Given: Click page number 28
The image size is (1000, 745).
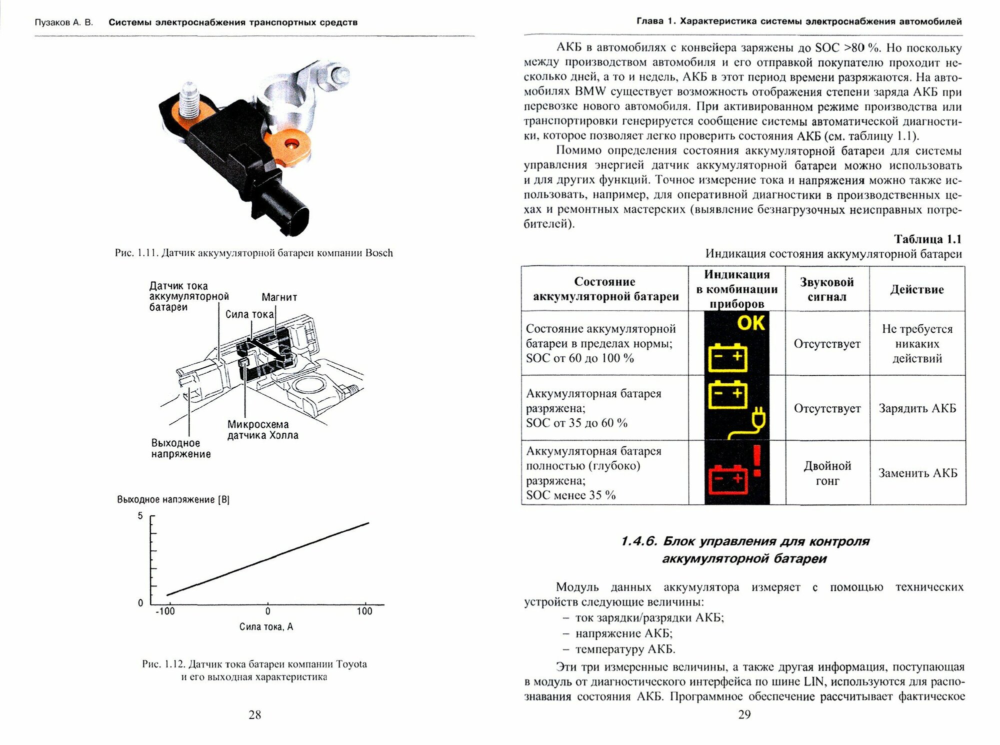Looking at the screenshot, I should (254, 715).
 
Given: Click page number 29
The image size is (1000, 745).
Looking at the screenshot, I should (744, 715).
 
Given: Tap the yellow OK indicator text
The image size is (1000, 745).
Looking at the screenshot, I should (750, 323).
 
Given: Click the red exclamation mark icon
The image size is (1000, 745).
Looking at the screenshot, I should (757, 461).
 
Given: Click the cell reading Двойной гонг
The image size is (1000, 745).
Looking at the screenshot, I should (827, 473).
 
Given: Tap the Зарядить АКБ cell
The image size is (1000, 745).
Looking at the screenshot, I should (917, 408).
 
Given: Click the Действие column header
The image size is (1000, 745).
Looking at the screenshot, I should (917, 289).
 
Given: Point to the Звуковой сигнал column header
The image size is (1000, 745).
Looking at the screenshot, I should (827, 289).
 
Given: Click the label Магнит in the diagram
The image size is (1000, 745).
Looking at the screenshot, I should (279, 297).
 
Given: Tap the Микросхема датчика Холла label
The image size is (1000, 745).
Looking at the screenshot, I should (262, 430).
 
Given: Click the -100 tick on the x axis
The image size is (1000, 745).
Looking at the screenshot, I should (165, 611).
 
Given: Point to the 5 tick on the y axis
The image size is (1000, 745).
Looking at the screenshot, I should (140, 516).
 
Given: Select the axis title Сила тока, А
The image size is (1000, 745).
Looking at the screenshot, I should (266, 627).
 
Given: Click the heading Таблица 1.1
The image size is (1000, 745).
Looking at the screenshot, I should (927, 239).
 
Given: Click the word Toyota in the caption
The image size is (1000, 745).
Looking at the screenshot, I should (351, 664).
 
